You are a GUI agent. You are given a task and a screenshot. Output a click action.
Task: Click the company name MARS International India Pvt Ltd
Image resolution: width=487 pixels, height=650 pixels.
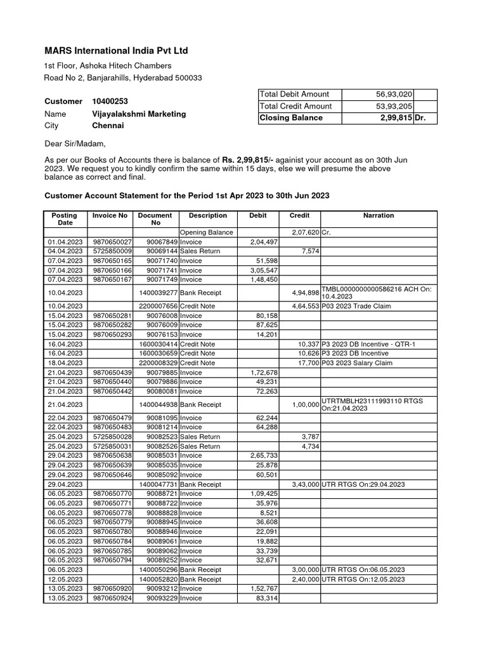116,51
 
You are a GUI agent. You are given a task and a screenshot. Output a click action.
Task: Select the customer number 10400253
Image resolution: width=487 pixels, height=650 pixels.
110,101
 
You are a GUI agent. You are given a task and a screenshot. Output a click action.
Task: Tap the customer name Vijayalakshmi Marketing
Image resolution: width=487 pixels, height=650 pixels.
139,114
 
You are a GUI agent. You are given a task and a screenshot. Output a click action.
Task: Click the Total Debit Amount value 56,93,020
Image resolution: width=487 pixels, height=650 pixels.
394,94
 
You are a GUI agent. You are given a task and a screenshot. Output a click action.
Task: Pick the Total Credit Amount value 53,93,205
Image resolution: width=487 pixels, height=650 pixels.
394,106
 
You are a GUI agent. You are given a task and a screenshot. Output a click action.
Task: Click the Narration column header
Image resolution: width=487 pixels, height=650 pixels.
378,216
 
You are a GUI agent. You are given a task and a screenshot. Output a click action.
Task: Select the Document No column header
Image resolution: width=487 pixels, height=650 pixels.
155,219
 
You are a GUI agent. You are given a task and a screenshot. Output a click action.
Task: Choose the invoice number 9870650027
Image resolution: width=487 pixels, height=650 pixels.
112,242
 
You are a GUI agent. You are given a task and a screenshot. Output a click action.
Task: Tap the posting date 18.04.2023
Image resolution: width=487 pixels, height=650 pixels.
65,362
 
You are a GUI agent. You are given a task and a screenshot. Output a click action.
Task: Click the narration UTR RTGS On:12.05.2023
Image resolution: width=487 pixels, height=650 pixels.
363,579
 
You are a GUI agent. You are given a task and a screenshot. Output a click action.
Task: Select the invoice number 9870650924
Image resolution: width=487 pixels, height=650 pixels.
112,598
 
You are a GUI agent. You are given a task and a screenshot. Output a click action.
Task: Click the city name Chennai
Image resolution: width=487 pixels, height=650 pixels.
108,126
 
